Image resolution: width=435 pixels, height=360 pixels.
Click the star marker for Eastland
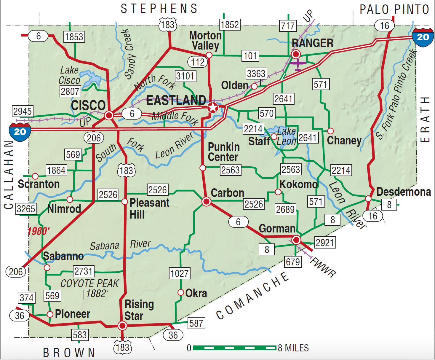(x=212, y=107)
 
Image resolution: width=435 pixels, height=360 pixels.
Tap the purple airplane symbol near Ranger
(x=298, y=65)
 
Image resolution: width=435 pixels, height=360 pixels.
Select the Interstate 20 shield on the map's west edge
(x=20, y=131)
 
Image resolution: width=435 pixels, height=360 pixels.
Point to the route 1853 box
(x=74, y=37)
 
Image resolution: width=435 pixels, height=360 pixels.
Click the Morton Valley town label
(x=205, y=40)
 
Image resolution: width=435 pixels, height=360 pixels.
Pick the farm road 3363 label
(x=256, y=73)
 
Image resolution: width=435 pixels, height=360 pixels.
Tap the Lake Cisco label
(x=69, y=75)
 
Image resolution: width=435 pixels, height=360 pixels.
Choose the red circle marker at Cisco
(x=109, y=115)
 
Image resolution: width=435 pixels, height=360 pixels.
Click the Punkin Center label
(x=223, y=152)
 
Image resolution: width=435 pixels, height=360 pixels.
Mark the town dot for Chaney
(x=330, y=131)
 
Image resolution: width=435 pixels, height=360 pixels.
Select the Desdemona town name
(x=404, y=192)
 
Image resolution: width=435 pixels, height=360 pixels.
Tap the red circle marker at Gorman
(x=296, y=240)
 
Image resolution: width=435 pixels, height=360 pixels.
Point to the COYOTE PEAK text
(x=89, y=283)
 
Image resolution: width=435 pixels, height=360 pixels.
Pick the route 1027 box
(x=180, y=273)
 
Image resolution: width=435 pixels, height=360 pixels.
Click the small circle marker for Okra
(x=180, y=292)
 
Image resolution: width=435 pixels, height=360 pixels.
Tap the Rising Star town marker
(x=122, y=326)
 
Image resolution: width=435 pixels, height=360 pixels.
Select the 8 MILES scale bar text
(x=293, y=348)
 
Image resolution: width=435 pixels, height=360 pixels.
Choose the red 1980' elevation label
(x=39, y=231)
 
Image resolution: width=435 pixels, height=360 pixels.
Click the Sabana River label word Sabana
(x=104, y=246)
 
